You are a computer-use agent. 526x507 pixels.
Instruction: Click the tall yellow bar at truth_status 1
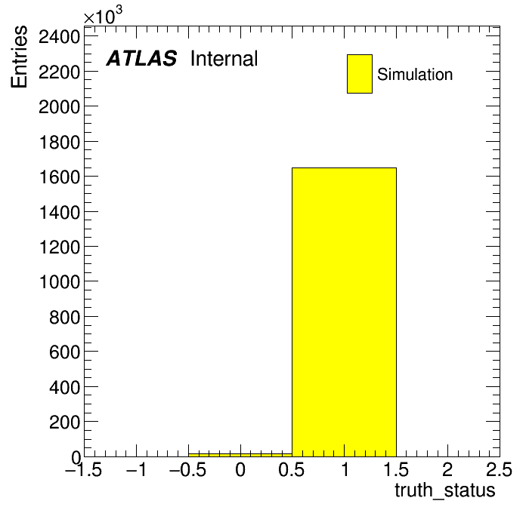click(344, 312)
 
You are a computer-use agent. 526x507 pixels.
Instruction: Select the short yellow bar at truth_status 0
click(240, 455)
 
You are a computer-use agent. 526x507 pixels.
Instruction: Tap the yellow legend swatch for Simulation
click(360, 74)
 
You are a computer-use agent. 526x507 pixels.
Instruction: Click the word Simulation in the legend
click(415, 75)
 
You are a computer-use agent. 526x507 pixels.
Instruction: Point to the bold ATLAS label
click(141, 58)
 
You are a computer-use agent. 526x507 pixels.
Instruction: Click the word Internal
click(224, 59)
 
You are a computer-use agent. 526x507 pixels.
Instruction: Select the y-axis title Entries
click(19, 57)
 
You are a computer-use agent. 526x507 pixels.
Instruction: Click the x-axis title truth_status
click(445, 490)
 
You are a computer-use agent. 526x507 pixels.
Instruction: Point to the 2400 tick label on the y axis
click(60, 36)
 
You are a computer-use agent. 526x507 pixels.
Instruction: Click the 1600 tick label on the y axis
click(60, 177)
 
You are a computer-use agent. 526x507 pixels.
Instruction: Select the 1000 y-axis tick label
click(60, 281)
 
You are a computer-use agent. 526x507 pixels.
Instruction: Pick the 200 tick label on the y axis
click(65, 422)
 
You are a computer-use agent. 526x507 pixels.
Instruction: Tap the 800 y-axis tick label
click(65, 316)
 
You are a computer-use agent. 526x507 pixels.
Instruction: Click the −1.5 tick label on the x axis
click(83, 469)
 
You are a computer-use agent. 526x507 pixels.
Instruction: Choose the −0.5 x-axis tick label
click(187, 469)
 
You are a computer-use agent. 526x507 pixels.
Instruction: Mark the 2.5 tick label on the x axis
click(499, 469)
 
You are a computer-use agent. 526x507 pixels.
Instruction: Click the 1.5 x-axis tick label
click(396, 469)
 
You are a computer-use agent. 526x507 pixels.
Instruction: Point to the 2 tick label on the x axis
click(447, 469)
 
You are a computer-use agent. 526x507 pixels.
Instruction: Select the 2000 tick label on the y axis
click(60, 106)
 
